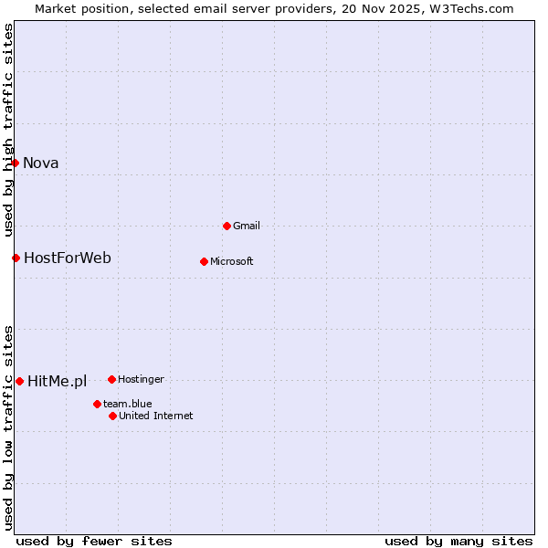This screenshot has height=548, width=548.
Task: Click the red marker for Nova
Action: tap(15, 163)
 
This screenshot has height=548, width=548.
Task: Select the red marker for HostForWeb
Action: tap(16, 258)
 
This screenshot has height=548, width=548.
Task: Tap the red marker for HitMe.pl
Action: tap(19, 381)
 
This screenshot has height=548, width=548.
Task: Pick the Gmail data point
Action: tap(227, 226)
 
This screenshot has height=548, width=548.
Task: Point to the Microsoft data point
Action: tap(204, 261)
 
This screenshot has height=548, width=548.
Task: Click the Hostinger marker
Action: tap(111, 379)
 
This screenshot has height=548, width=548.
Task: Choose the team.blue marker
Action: tap(97, 404)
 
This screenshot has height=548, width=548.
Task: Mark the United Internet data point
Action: tap(112, 416)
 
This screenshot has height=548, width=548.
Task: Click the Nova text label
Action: tap(41, 163)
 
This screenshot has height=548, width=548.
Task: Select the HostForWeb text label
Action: tap(68, 258)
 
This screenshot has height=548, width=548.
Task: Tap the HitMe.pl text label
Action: tap(57, 382)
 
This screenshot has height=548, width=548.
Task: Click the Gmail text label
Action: tap(247, 226)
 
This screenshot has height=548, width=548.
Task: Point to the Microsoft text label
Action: tap(232, 262)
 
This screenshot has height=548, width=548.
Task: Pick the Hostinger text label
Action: tap(141, 379)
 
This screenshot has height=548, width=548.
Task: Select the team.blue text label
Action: tap(128, 404)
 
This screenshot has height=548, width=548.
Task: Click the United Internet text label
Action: tap(156, 416)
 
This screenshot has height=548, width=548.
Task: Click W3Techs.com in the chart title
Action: tap(472, 9)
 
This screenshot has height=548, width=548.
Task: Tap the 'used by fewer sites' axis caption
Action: tap(94, 541)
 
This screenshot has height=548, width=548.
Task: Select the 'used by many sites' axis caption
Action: tap(458, 541)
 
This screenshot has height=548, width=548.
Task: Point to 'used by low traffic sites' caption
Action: tap(8, 427)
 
